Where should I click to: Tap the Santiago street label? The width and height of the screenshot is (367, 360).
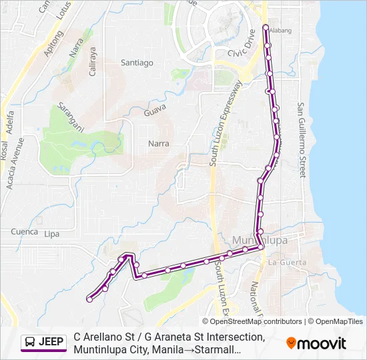137,63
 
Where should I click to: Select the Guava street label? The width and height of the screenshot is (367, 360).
155,113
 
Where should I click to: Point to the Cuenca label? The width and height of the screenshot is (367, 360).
25,231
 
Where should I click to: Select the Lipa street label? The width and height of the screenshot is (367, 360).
51,234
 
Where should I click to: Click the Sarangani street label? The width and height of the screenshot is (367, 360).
70,117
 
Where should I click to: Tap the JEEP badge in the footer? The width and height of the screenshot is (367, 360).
44,342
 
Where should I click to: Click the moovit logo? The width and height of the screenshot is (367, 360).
316,343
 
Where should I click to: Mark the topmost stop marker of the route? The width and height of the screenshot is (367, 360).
266,27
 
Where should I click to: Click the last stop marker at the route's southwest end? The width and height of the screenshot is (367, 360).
89,299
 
